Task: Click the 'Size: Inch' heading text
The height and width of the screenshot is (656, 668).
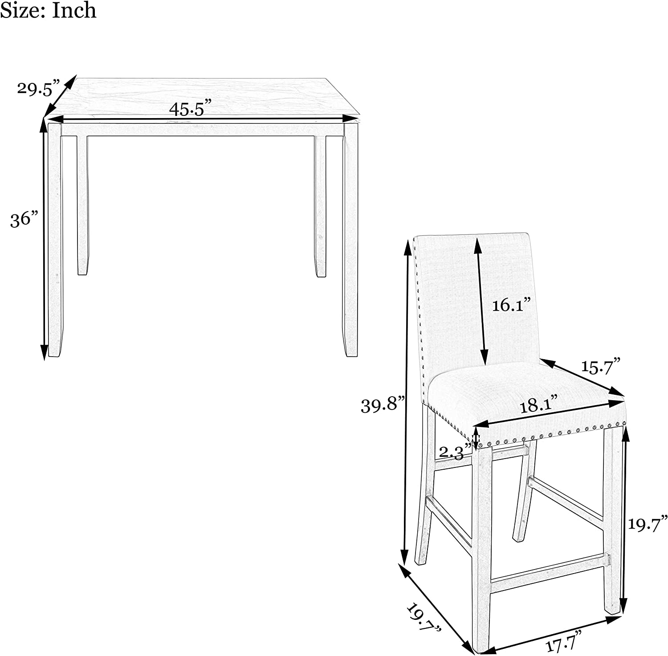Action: [48, 10]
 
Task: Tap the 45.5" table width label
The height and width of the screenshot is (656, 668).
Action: [190, 108]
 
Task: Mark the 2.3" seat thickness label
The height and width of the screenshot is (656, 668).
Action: [455, 451]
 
